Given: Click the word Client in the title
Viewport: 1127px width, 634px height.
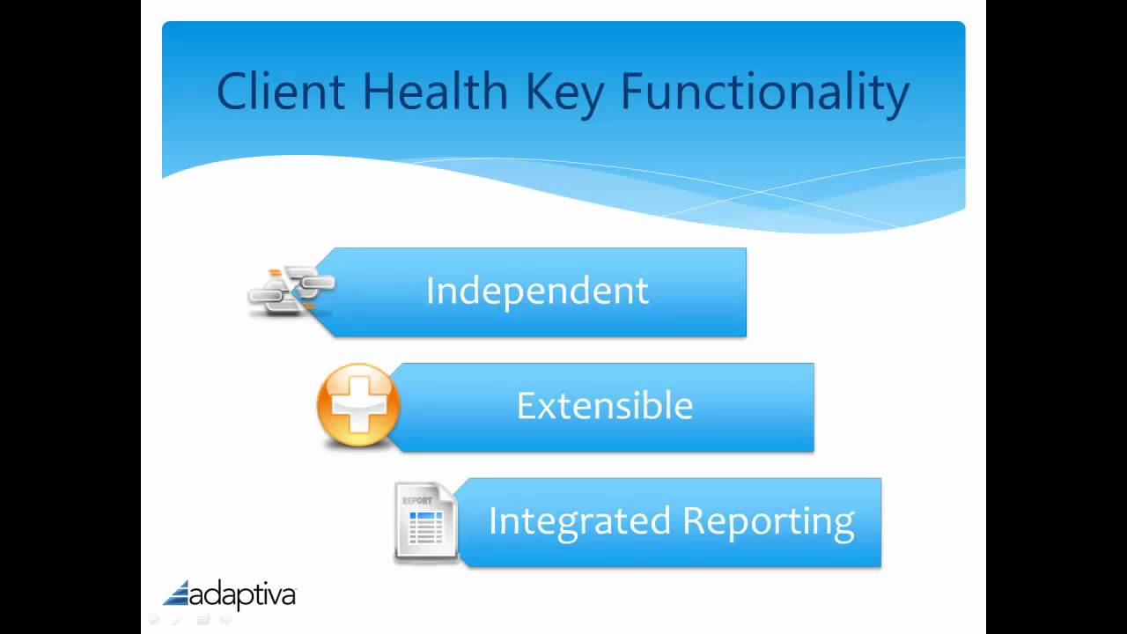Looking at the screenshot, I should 280,92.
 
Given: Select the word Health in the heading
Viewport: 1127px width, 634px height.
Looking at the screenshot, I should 435,92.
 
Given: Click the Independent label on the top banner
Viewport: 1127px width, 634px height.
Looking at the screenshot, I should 537,291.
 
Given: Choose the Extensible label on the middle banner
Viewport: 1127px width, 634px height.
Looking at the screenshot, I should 605,406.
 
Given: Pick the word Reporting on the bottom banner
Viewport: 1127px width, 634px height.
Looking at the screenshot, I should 769,521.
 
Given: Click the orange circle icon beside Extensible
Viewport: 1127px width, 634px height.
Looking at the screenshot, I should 358,407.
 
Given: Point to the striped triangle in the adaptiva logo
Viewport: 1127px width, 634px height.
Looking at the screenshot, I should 177,593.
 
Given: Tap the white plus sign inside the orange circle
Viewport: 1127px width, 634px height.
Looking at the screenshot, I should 358,407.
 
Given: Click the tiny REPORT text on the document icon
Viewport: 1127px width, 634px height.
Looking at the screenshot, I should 416,500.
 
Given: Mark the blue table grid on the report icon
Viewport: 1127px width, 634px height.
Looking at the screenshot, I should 426,527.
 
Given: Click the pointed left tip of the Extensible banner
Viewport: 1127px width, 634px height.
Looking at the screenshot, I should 389,407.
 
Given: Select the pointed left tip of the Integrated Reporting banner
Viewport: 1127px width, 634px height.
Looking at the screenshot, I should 456,522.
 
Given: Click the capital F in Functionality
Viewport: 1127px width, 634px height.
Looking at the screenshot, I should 633,92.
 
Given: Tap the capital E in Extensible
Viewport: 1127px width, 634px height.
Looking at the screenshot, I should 526,406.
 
